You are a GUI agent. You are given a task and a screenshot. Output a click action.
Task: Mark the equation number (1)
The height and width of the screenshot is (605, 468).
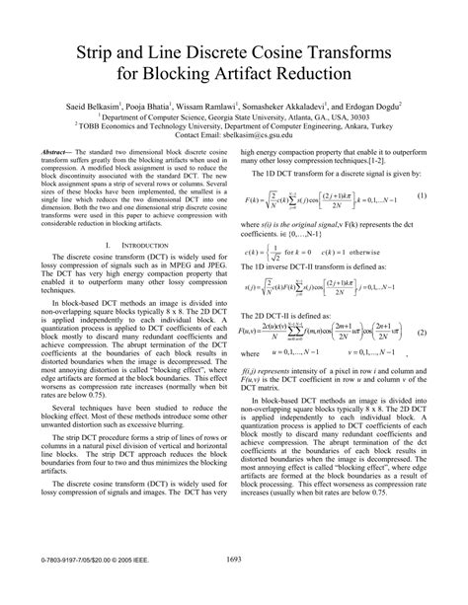[x=422, y=195]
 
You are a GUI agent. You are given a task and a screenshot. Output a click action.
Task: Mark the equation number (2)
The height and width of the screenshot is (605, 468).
[x=421, y=333]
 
